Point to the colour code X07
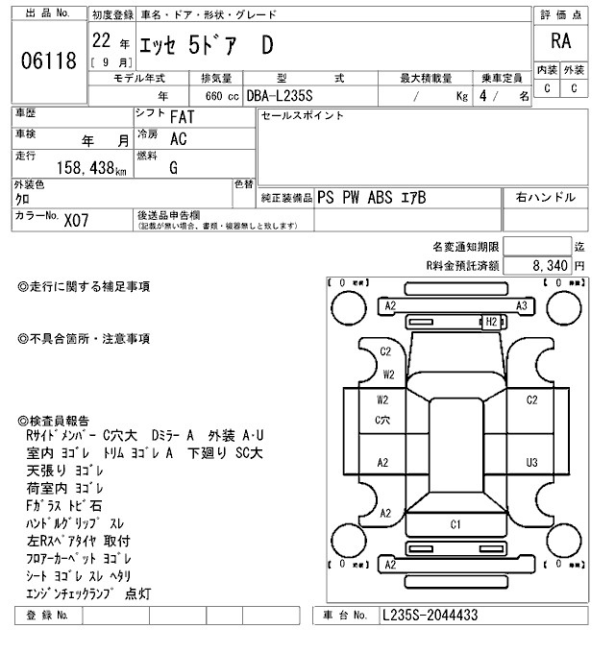[x=76, y=220]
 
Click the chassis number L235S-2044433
[x=430, y=615]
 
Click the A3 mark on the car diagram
[x=522, y=305]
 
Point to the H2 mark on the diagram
[x=491, y=321]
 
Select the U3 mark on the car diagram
[x=530, y=462]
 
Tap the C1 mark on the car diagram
[x=455, y=524]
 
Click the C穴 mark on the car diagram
[x=382, y=419]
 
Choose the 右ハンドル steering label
[x=546, y=198]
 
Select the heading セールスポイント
[x=303, y=116]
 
